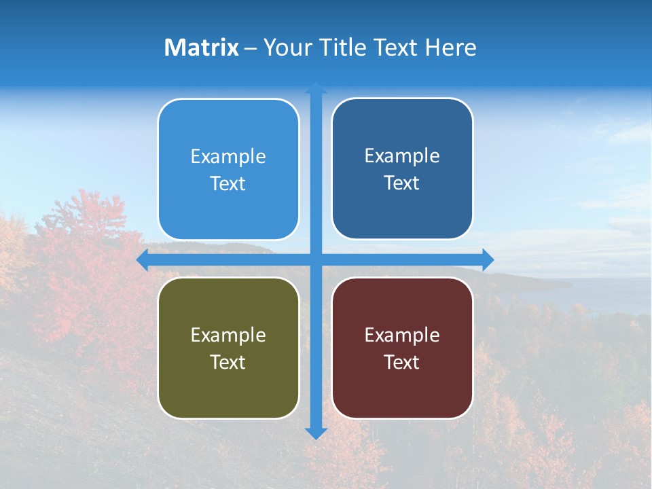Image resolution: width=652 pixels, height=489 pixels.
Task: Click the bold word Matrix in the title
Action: click(x=202, y=48)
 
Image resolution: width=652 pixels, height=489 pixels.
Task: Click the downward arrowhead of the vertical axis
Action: click(x=316, y=433)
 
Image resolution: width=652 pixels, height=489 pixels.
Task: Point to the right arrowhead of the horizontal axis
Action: click(x=488, y=260)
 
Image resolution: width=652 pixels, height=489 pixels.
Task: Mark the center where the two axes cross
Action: click(x=316, y=260)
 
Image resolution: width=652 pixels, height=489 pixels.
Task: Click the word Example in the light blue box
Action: click(x=228, y=157)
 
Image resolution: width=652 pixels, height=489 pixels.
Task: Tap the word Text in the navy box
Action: click(x=402, y=183)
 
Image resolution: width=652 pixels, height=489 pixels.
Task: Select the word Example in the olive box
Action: click(x=228, y=336)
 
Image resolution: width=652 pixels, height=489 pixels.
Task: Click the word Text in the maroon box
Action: click(x=402, y=363)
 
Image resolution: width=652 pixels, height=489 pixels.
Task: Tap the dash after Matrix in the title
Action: click(x=251, y=48)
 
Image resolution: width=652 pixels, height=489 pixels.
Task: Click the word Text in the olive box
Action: click(x=228, y=363)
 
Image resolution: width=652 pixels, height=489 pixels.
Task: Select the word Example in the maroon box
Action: click(x=402, y=336)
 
